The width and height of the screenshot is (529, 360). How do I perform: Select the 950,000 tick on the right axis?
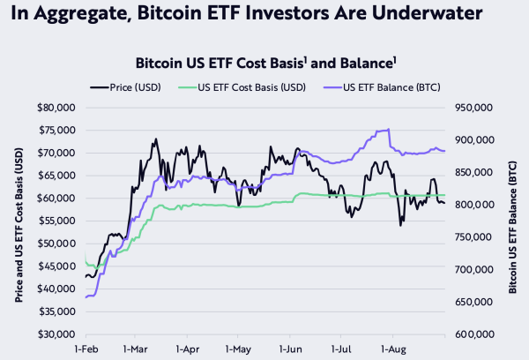[x=471, y=108]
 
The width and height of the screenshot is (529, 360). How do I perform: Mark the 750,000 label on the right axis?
[x=471, y=237]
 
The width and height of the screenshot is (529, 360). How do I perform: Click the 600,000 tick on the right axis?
[x=471, y=334]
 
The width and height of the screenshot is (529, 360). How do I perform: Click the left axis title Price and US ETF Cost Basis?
[x=19, y=221]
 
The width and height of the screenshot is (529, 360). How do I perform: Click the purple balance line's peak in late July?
[x=388, y=130]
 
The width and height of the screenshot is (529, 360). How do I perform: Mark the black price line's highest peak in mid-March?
[x=156, y=139]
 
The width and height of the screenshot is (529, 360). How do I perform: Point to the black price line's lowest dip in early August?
[x=400, y=225]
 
